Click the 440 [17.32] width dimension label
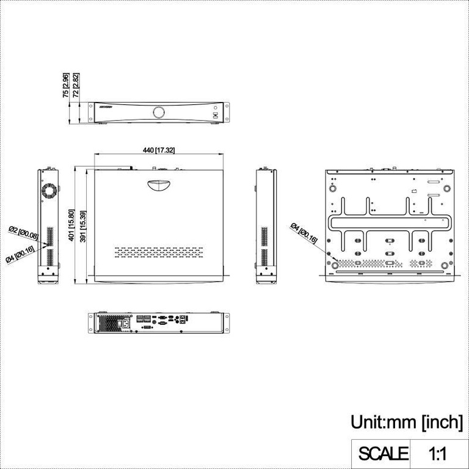click(x=159, y=150)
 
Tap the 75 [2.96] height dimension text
click(x=65, y=85)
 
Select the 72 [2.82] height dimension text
click(x=76, y=85)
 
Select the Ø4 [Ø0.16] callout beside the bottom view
click(x=304, y=234)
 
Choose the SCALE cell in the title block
click(x=383, y=454)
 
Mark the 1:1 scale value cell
click(x=438, y=454)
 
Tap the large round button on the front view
click(x=159, y=112)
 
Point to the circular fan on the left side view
click(x=49, y=190)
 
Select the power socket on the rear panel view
click(x=126, y=323)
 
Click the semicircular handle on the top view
click(x=159, y=185)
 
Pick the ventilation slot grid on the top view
click(x=158, y=251)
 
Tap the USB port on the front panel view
click(x=214, y=115)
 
